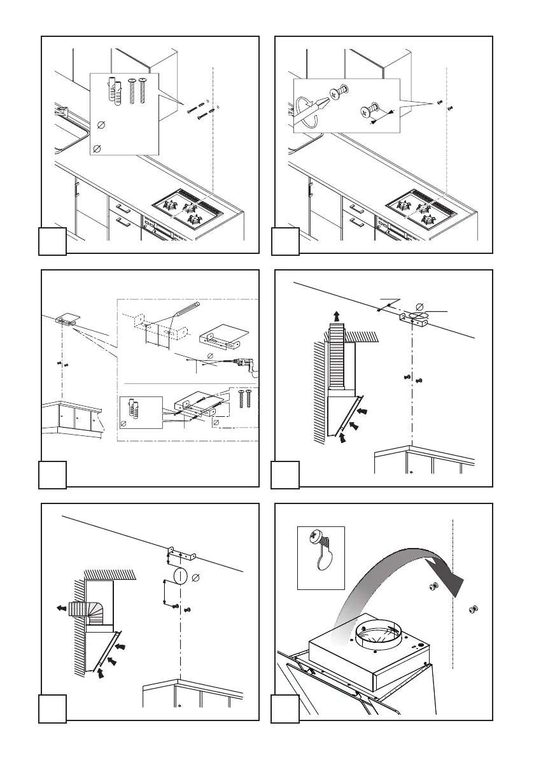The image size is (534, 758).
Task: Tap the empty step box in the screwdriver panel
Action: point(285,242)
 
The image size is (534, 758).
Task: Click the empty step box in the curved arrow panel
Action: point(285,709)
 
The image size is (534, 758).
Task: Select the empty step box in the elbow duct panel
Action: point(52,709)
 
